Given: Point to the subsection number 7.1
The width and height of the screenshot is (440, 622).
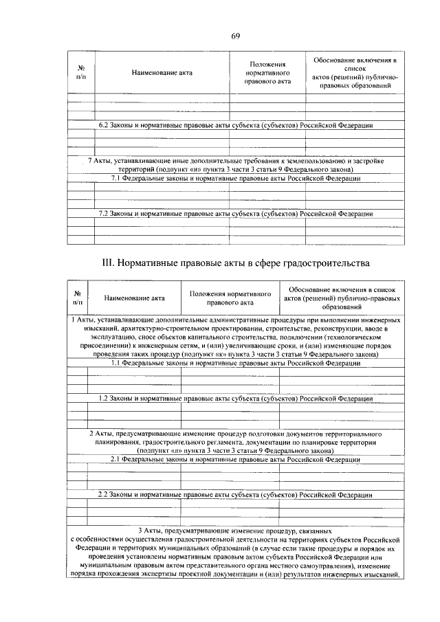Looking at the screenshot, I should [117, 178].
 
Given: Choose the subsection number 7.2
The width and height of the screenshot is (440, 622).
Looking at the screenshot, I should [104, 213].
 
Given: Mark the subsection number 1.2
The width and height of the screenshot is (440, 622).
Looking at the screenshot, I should [104, 398].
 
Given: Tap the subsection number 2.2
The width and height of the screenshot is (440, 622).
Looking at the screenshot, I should [104, 494].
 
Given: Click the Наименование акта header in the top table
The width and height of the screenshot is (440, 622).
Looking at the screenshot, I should [163, 71].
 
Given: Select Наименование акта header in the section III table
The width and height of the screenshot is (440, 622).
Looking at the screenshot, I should [135, 298].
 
